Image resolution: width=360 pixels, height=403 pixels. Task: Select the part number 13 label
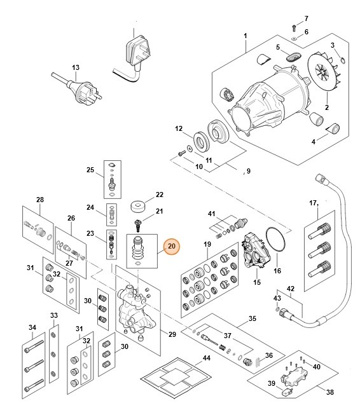point(76,67)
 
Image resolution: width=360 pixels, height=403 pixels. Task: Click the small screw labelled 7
point(293,26)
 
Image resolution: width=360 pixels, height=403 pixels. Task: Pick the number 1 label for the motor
point(246,36)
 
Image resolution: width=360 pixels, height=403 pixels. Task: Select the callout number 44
point(206,359)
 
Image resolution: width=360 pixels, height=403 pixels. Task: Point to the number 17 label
point(313,203)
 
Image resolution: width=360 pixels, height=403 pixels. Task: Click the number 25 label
point(90,170)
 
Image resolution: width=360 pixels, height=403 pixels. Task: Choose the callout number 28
point(39,200)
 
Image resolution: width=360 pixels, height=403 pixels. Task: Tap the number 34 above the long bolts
point(32,327)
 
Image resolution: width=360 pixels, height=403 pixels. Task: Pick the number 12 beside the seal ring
point(179,128)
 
